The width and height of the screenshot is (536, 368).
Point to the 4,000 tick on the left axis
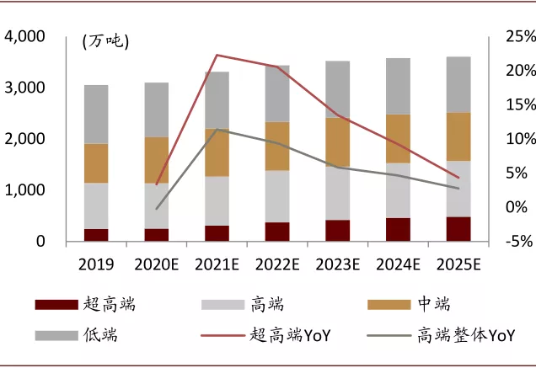tap(29, 37)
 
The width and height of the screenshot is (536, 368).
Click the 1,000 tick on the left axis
tap(29, 190)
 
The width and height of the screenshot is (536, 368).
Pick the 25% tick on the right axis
tap(513, 37)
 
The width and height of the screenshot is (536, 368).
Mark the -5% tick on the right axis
tap(513, 243)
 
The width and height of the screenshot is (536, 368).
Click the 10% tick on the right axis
tap(513, 140)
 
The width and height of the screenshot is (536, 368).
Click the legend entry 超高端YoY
tap(289, 335)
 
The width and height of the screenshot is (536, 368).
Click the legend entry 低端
tap(100, 335)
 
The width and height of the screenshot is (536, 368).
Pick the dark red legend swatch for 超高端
tap(55, 305)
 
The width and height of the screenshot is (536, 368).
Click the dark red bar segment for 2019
tap(96, 235)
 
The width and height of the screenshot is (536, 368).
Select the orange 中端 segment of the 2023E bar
tap(337, 141)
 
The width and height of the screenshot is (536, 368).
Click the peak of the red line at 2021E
tap(217, 55)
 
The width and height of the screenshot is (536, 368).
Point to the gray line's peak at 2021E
tap(217, 129)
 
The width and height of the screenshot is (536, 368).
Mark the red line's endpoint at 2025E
tap(458, 178)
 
